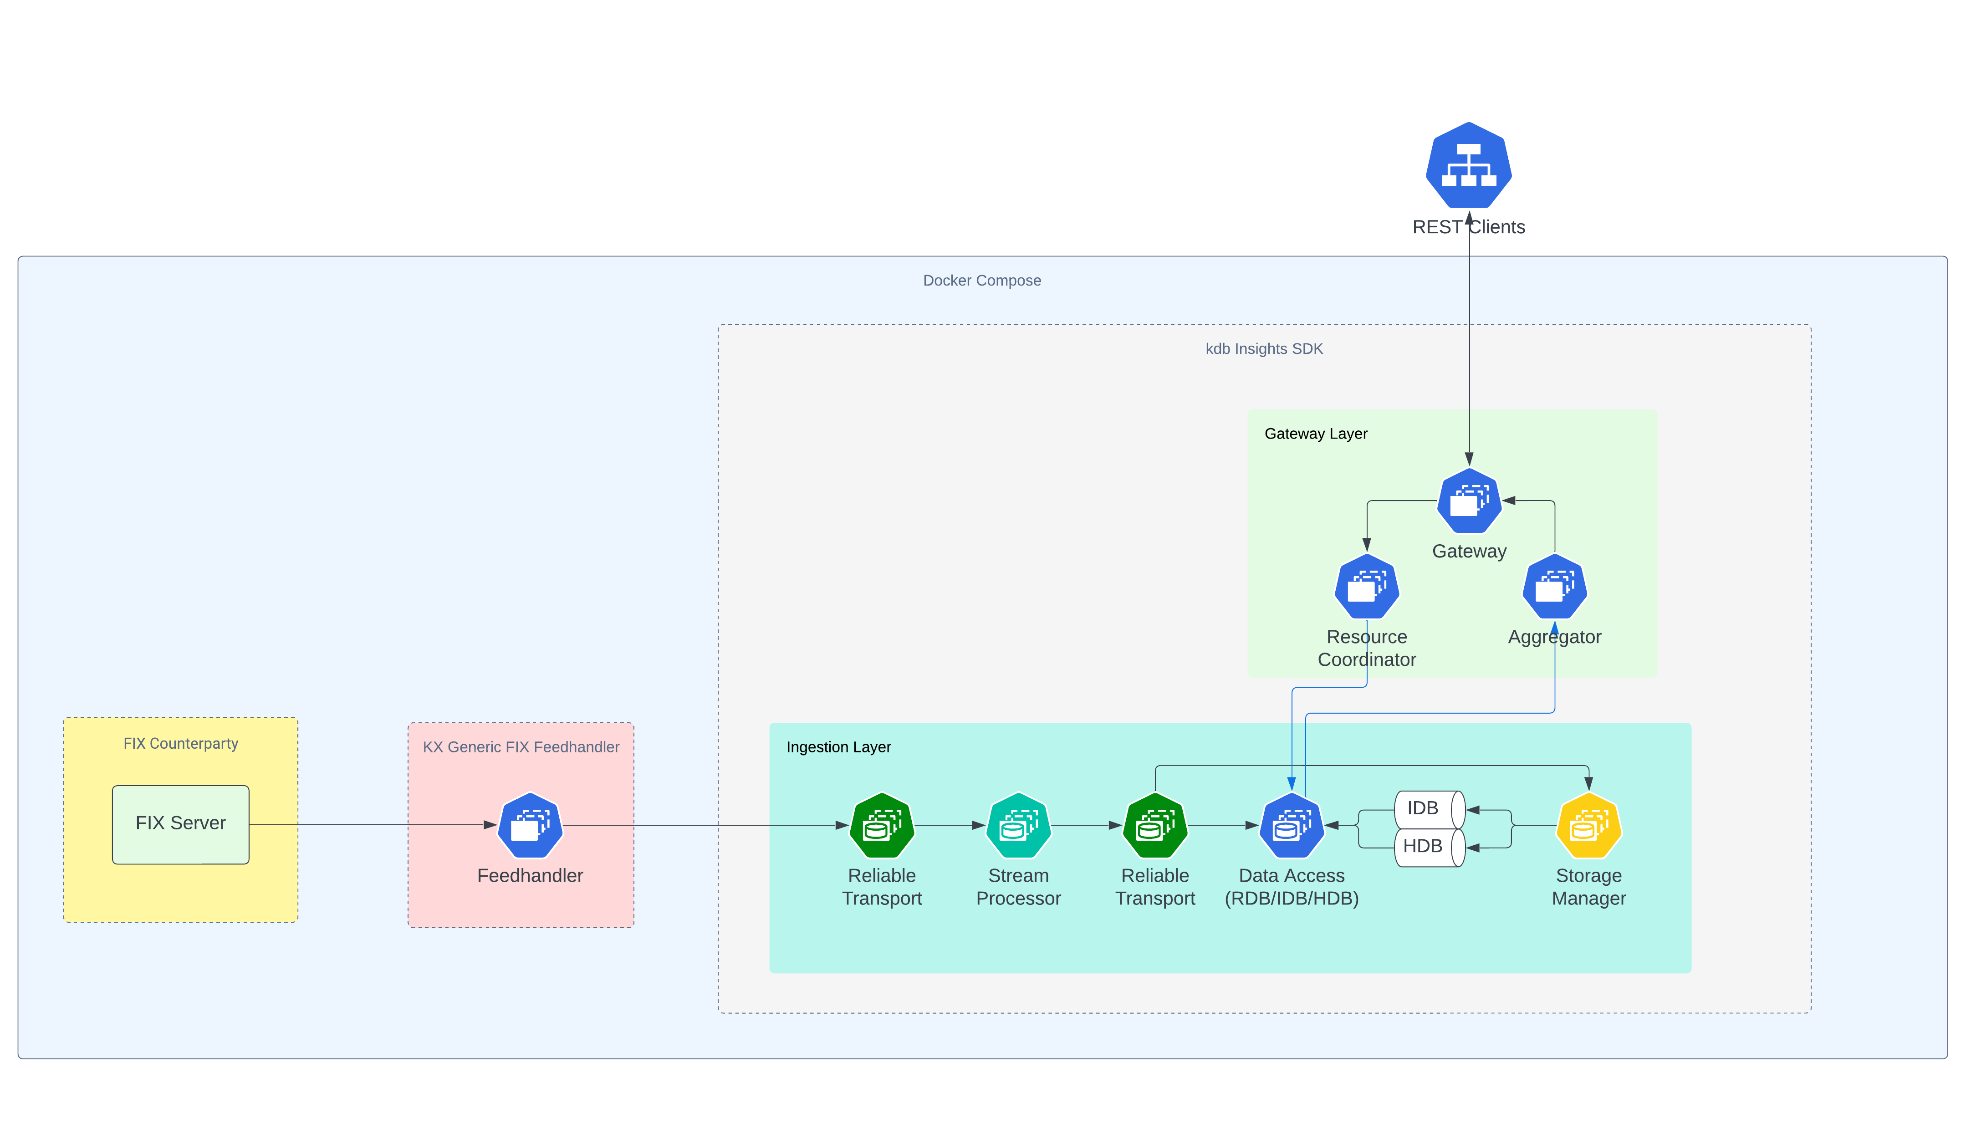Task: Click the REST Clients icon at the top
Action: (x=1469, y=165)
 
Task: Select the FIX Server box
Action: (x=181, y=824)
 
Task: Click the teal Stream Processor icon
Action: (x=1018, y=826)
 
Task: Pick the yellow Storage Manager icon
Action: (x=1589, y=826)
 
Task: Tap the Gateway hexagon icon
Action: (x=1469, y=501)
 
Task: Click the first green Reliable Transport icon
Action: (x=882, y=826)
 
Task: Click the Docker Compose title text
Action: (x=981, y=281)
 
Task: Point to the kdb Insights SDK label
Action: (x=1264, y=349)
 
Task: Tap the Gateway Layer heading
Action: (x=1316, y=434)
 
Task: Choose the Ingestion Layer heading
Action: (x=838, y=747)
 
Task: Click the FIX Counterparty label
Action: (x=181, y=744)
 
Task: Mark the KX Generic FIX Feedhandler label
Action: (x=521, y=747)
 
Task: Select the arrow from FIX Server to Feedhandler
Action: (x=372, y=824)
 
